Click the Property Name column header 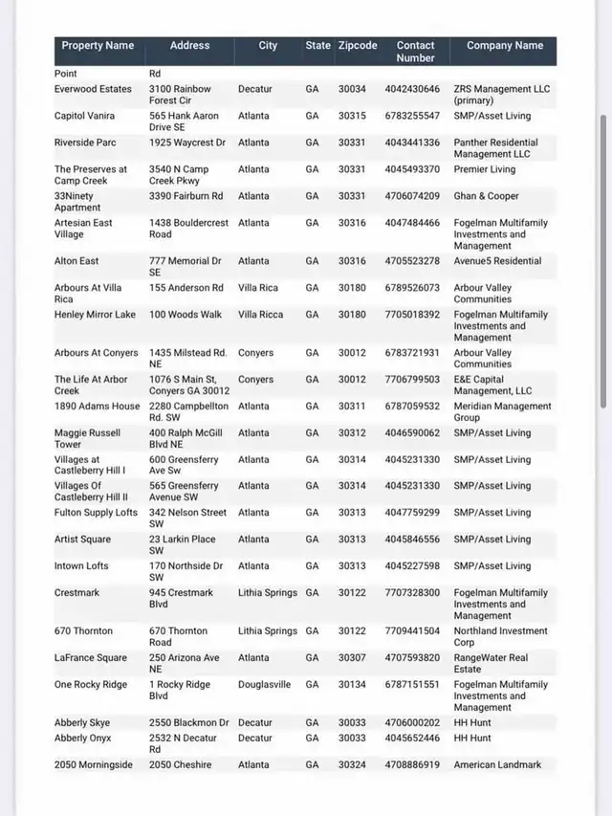98,46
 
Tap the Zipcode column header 358,46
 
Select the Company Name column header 504,46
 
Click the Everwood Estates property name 93,89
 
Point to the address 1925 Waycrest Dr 187,143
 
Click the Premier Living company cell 484,169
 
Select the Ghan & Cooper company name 486,196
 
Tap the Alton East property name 76,261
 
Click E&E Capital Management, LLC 492,385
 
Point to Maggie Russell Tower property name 87,438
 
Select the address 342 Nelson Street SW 187,518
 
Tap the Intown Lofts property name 81,566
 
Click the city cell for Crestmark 268,593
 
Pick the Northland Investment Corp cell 500,636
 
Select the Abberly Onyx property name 83,739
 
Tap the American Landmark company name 497,765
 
